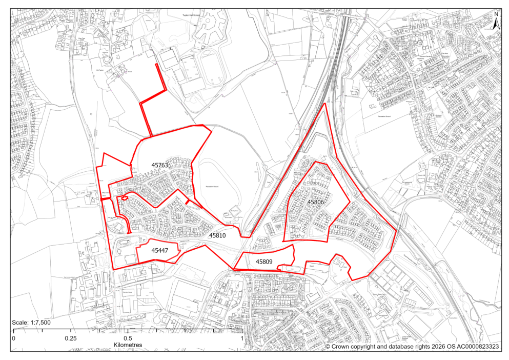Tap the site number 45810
[x=217, y=235]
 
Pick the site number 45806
[x=316, y=202]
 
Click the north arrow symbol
[x=496, y=23]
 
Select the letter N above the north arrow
[x=496, y=14]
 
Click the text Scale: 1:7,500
[x=31, y=323]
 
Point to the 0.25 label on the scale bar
[x=71, y=339]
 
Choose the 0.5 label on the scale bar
[x=128, y=339]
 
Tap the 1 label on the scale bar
[x=241, y=339]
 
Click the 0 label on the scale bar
[x=14, y=339]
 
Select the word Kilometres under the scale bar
[x=128, y=345]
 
